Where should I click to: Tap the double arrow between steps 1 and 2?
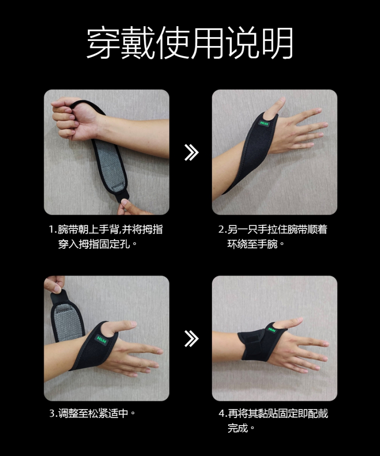191,152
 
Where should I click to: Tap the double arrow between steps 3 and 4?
191,339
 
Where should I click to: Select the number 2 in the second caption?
221,230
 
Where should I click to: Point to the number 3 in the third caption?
52,413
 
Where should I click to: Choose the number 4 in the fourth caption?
221,413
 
